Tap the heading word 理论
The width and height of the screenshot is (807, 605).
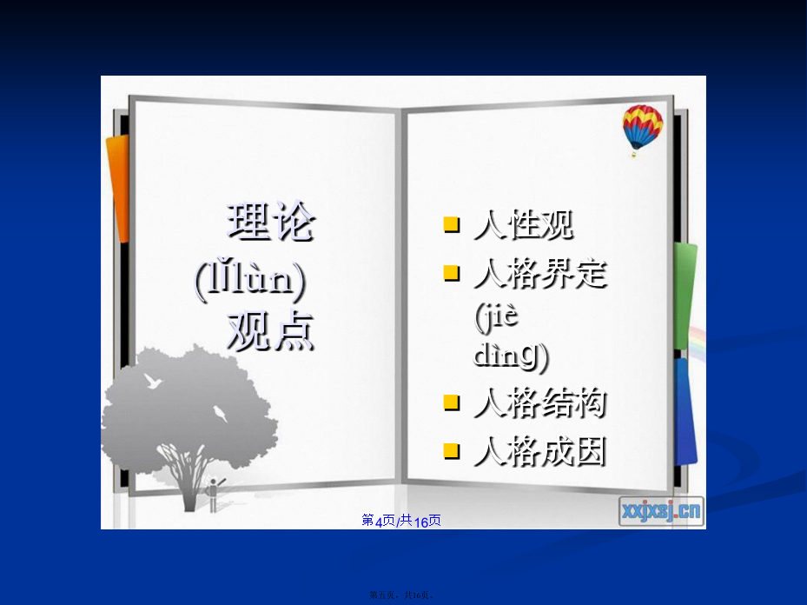click(271, 221)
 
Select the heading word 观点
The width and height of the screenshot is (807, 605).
click(271, 330)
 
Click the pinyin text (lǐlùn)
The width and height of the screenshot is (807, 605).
click(250, 280)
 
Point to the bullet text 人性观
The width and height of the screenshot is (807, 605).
click(524, 225)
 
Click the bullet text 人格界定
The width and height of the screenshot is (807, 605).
click(540, 273)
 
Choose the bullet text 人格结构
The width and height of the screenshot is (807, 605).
click(540, 402)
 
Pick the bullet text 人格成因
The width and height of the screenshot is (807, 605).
click(540, 451)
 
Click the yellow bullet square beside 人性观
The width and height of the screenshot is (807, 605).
click(452, 225)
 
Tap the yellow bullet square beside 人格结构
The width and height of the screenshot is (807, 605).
click(452, 402)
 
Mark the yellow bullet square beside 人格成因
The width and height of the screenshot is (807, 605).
click(452, 451)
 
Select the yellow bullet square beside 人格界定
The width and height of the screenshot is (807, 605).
click(452, 273)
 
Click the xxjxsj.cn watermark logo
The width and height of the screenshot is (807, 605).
click(661, 511)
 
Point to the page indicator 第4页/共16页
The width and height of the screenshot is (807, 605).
click(401, 521)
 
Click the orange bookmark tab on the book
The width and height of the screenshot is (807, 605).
click(118, 189)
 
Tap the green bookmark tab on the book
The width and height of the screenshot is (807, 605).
click(685, 296)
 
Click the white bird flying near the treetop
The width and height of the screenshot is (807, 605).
click(153, 382)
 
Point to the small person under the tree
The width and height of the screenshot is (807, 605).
click(214, 495)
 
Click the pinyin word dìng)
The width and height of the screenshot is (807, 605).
click(511, 356)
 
